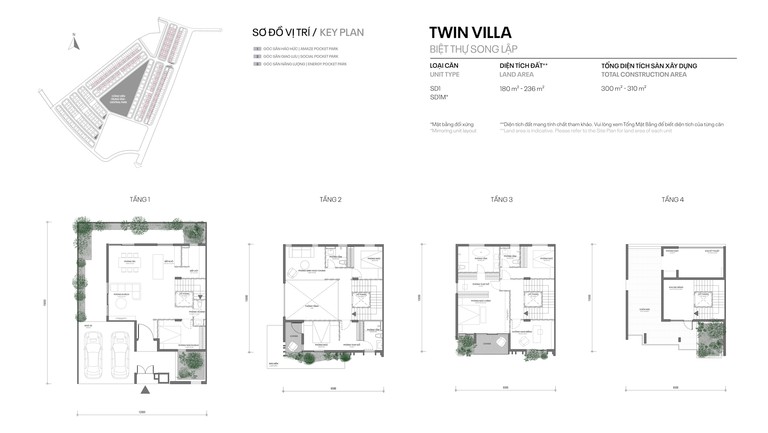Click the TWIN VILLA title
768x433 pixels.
[x=470, y=33]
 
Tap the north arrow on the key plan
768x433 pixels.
[x=73, y=43]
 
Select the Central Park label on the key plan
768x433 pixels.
[x=118, y=99]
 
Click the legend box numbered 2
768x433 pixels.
[x=258, y=57]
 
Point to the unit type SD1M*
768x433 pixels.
[x=439, y=97]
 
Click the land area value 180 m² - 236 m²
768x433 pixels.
[x=522, y=89]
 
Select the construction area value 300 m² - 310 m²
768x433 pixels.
[x=624, y=89]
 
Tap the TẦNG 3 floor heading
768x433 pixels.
[x=501, y=199]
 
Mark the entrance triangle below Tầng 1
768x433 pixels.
[x=145, y=390]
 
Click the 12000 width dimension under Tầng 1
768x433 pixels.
[x=142, y=412]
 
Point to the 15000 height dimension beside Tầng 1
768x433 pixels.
[x=45, y=302]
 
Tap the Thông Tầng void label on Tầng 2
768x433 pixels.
[x=311, y=306]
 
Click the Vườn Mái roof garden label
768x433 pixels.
[x=644, y=310]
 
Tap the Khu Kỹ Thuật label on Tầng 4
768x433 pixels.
[x=712, y=251]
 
